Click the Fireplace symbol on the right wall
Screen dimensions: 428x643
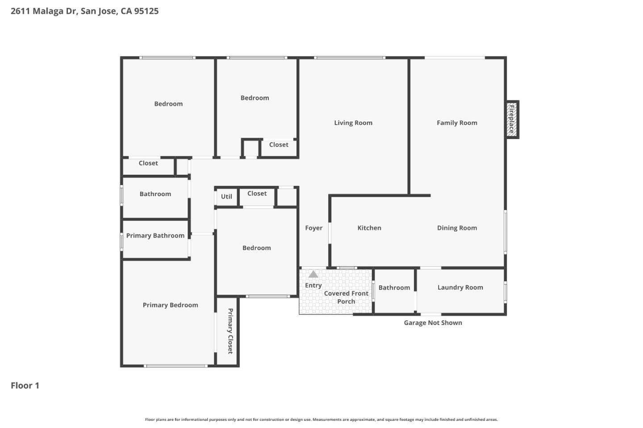tap(512, 119)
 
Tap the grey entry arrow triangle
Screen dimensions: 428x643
tap(313, 274)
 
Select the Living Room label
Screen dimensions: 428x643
tap(353, 123)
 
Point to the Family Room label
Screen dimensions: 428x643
tap(457, 123)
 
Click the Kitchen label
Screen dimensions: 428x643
tap(369, 228)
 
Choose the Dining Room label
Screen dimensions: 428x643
tap(457, 228)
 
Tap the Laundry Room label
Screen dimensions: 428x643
tap(460, 288)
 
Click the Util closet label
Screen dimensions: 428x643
tap(226, 197)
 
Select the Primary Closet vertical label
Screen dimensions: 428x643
tap(230, 331)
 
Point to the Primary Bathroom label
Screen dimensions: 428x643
tap(155, 235)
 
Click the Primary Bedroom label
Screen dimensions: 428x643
tap(170, 305)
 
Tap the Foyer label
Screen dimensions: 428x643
tap(313, 228)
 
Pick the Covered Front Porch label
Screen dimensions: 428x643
tap(346, 297)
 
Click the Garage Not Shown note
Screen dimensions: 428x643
tap(433, 323)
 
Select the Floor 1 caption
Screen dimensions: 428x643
tap(25, 386)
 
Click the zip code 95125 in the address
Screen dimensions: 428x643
tap(146, 11)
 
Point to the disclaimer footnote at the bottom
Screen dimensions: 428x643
tap(321, 420)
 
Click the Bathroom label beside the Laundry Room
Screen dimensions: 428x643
tap(394, 288)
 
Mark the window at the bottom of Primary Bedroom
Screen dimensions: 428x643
tap(176, 366)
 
